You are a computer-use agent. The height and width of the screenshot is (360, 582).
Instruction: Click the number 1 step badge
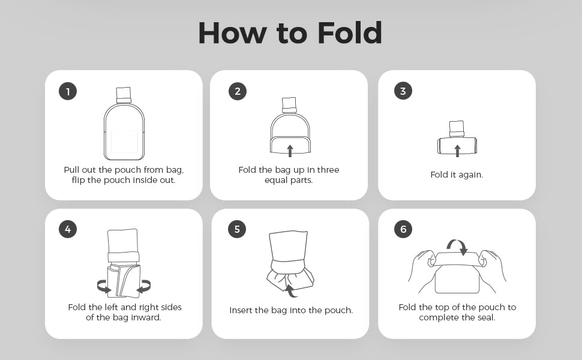coord(68,91)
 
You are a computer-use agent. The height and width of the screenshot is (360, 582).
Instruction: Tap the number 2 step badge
coord(238,91)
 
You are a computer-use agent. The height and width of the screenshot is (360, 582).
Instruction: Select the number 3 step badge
coord(403,91)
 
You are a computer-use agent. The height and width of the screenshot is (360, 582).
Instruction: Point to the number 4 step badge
coord(68,229)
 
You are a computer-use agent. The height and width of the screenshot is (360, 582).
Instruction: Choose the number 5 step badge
coord(237,229)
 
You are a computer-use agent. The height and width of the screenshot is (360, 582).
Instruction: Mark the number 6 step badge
coord(403,229)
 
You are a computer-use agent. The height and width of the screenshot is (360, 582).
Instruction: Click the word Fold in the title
coord(350,33)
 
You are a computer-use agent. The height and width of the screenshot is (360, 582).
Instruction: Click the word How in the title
coord(232,33)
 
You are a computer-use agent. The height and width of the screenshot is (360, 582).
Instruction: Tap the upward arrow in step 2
coord(290,151)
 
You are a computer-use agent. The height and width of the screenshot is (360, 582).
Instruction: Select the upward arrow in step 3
coord(457,151)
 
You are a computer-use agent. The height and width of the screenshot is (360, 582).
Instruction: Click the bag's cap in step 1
coord(124,95)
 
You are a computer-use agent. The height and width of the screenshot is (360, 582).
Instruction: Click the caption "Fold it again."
coord(457,175)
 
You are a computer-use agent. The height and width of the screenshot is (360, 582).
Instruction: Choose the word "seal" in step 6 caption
coord(486,317)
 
